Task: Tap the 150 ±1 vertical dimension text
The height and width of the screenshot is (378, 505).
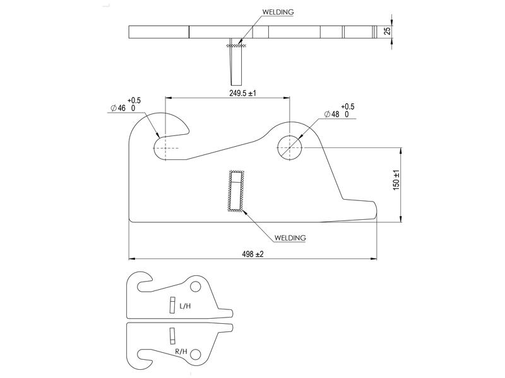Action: click(396, 180)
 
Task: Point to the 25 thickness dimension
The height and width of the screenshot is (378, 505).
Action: click(388, 30)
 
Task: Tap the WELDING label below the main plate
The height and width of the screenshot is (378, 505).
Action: click(290, 238)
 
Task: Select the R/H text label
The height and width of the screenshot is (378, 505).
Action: click(181, 350)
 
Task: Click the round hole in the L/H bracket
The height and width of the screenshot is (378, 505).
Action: click(196, 287)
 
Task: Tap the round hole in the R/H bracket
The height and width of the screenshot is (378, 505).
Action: click(196, 354)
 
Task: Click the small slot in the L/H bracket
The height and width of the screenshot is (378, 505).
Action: click(170, 304)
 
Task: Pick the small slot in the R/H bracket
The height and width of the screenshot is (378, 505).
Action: click(170, 334)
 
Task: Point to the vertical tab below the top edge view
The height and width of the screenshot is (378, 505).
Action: click(237, 66)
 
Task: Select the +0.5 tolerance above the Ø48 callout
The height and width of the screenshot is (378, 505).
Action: click(347, 107)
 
